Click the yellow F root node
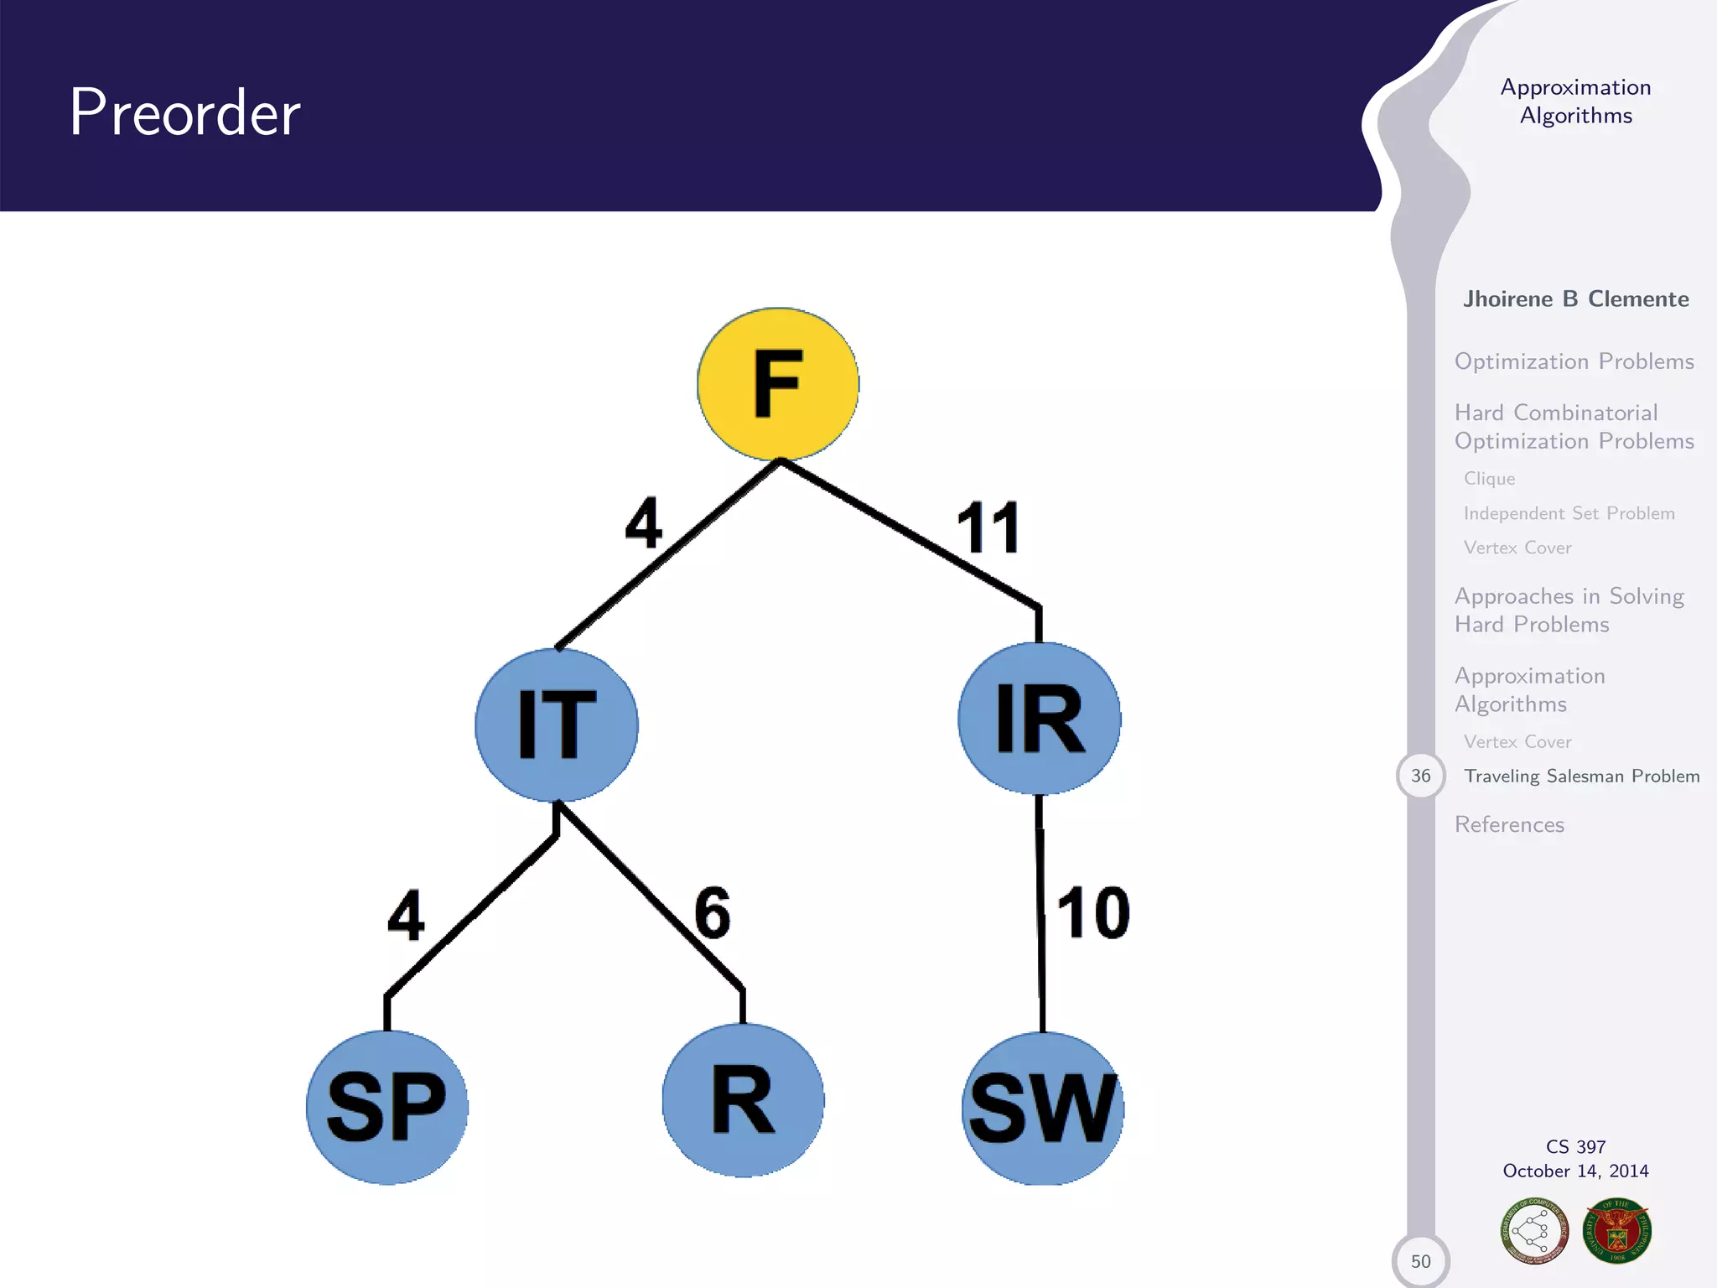point(778,384)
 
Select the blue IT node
point(557,724)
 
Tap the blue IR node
point(1040,719)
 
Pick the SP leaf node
point(386,1107)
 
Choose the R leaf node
point(743,1100)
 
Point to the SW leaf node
point(1042,1108)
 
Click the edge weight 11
point(988,527)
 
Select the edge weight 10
point(1092,912)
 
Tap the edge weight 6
point(713,912)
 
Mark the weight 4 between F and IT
point(644,522)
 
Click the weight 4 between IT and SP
point(406,916)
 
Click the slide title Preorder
point(184,112)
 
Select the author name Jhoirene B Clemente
point(1575,299)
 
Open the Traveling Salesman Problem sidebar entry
point(1581,776)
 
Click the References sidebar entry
point(1509,825)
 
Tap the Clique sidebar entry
point(1489,479)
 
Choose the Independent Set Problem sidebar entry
point(1569,513)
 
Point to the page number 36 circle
point(1420,776)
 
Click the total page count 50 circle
point(1420,1260)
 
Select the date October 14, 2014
point(1575,1171)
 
